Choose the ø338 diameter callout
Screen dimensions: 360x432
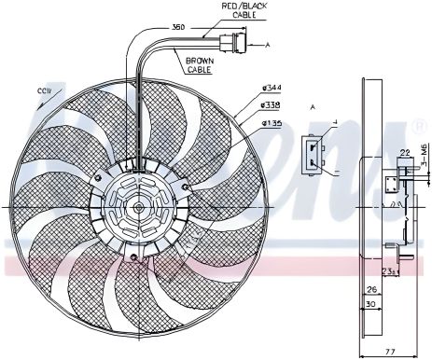272,106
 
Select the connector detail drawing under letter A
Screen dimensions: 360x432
316,151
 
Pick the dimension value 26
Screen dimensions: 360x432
371,288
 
